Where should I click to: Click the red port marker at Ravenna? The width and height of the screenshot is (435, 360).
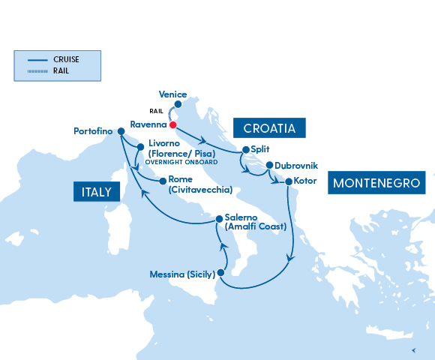point(172,124)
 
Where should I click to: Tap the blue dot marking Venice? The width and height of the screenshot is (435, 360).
point(178,105)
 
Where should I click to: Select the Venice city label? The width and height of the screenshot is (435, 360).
point(173,94)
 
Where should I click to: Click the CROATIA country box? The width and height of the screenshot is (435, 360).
point(269,128)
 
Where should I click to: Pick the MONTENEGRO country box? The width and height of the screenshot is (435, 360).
point(378,182)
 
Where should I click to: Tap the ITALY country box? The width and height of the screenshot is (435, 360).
point(97,193)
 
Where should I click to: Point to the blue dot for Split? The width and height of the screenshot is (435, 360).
point(245,149)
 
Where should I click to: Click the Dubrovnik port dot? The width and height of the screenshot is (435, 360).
point(269,165)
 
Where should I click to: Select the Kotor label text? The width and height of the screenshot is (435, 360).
point(307,181)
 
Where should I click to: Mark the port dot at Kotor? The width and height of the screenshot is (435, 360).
point(288,181)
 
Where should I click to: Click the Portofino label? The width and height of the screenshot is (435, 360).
point(92,131)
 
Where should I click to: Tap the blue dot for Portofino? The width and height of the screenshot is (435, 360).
point(121,131)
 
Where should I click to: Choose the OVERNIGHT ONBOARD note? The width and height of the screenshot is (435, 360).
point(182,162)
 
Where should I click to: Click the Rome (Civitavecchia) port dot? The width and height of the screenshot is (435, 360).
point(162,180)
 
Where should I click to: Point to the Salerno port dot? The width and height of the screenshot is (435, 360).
point(219,219)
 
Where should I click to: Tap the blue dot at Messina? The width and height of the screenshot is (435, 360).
point(220,273)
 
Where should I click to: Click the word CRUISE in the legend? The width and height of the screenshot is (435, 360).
point(67,59)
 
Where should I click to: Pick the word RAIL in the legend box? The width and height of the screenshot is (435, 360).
point(62,70)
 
